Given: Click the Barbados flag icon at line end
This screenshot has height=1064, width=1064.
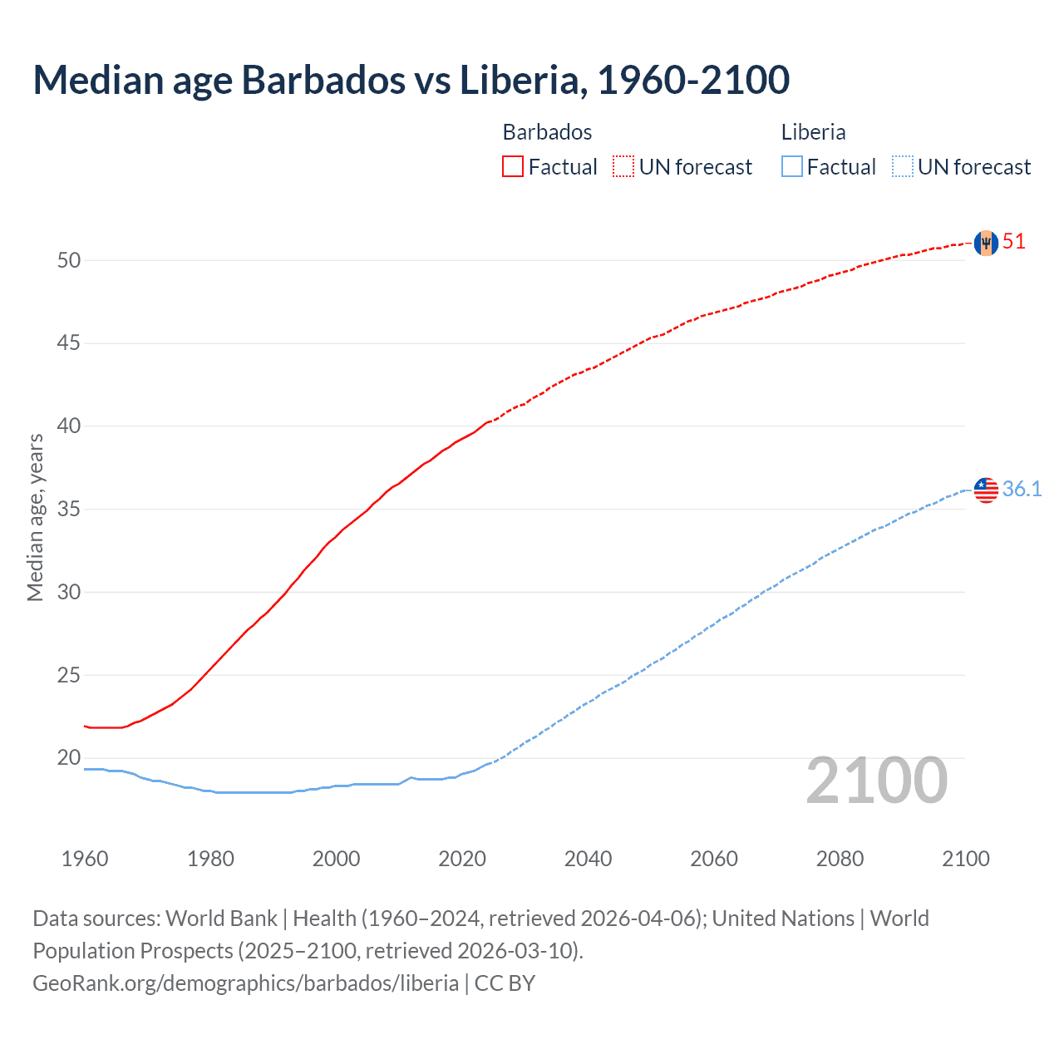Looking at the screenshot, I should tap(986, 243).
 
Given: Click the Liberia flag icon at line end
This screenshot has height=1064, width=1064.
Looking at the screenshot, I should tap(986, 490).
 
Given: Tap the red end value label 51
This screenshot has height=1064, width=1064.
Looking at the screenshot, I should tap(1014, 242).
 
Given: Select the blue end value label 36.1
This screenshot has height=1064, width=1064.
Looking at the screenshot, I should tap(1022, 489).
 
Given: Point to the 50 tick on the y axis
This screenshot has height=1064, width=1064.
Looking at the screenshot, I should tap(69, 260).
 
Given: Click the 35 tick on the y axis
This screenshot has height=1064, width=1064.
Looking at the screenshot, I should tap(69, 509).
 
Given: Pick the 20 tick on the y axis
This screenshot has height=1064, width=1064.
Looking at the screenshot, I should tap(69, 757).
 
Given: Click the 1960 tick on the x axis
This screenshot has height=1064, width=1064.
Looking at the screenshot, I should tap(85, 859).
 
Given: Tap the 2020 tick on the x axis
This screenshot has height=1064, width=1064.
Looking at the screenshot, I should tap(462, 859).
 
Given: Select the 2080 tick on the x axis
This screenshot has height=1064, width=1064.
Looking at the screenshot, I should tap(840, 859).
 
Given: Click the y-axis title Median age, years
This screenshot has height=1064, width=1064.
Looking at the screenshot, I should tap(35, 517).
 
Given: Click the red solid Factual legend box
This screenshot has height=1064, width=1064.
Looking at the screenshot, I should tap(513, 167).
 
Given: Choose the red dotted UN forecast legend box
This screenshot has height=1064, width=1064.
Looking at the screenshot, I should tap(623, 167).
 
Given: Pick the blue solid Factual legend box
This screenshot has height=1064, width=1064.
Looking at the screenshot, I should tap(792, 167).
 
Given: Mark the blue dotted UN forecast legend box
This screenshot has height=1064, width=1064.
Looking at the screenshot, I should tap(903, 167).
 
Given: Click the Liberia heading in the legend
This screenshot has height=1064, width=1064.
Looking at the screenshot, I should tap(813, 132).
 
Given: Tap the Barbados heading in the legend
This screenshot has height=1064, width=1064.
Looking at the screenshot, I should tap(547, 132).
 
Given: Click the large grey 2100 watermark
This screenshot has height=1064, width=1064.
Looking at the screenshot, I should tap(877, 781).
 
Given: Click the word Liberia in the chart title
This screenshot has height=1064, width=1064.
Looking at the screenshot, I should tap(524, 80).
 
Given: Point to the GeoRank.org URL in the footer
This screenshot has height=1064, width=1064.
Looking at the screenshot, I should tap(245, 983).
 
